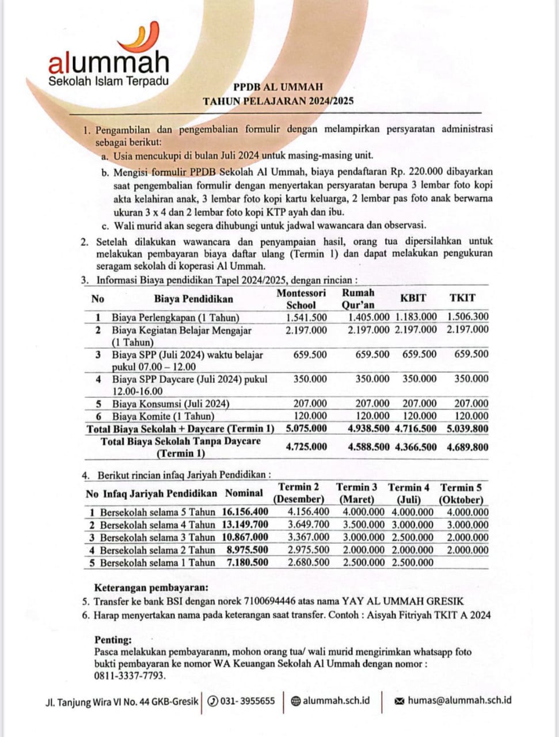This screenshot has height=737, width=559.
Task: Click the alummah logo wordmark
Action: tap(109, 62)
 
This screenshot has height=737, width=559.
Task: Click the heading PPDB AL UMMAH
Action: tap(278, 87)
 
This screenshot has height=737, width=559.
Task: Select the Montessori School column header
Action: tap(301, 299)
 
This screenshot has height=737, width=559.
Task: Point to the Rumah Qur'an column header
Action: tap(358, 299)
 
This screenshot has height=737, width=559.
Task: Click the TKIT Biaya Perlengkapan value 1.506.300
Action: tap(467, 317)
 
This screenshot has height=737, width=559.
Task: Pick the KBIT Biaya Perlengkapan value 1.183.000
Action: tap(416, 317)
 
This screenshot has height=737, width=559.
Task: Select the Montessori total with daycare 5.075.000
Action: tap(306, 428)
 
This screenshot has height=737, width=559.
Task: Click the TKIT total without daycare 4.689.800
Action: tap(467, 447)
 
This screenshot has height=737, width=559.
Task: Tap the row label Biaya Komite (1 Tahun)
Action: tap(163, 416)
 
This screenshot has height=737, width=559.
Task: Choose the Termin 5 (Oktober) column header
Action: tap(461, 493)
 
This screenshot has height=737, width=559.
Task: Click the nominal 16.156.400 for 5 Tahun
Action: tap(245, 512)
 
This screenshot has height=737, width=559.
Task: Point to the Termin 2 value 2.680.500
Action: tap(309, 563)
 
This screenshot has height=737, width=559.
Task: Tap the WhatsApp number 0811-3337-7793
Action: tap(129, 675)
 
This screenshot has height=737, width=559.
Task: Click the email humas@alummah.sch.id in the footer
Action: tap(459, 701)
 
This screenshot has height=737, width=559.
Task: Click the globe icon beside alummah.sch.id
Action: tap(295, 701)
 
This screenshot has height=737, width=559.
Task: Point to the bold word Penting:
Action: tap(113, 640)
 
